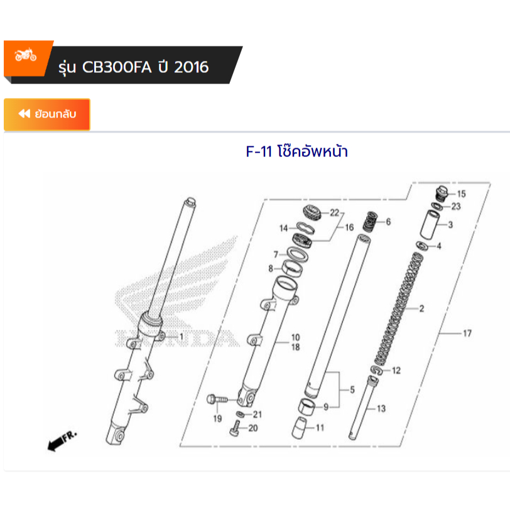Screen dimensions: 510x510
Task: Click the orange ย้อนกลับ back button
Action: click(47, 114)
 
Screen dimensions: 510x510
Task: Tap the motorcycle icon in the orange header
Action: click(26, 56)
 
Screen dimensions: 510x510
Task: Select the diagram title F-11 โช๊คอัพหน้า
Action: click(296, 152)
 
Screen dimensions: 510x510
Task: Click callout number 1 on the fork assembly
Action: click(181, 337)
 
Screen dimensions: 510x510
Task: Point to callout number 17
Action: click(467, 334)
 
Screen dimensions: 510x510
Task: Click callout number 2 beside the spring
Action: click(421, 309)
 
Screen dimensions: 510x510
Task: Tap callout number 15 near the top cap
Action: click(461, 193)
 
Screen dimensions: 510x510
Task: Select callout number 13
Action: click(381, 409)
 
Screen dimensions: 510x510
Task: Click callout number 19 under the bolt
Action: click(217, 419)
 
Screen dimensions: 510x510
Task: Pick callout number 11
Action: click(320, 428)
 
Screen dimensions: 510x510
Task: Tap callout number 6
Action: click(388, 222)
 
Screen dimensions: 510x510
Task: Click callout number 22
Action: click(334, 212)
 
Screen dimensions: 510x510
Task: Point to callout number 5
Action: click(352, 390)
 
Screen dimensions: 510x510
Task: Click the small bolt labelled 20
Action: click(235, 431)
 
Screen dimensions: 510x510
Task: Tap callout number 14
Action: click(283, 228)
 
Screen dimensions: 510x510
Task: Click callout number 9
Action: click(325, 407)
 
